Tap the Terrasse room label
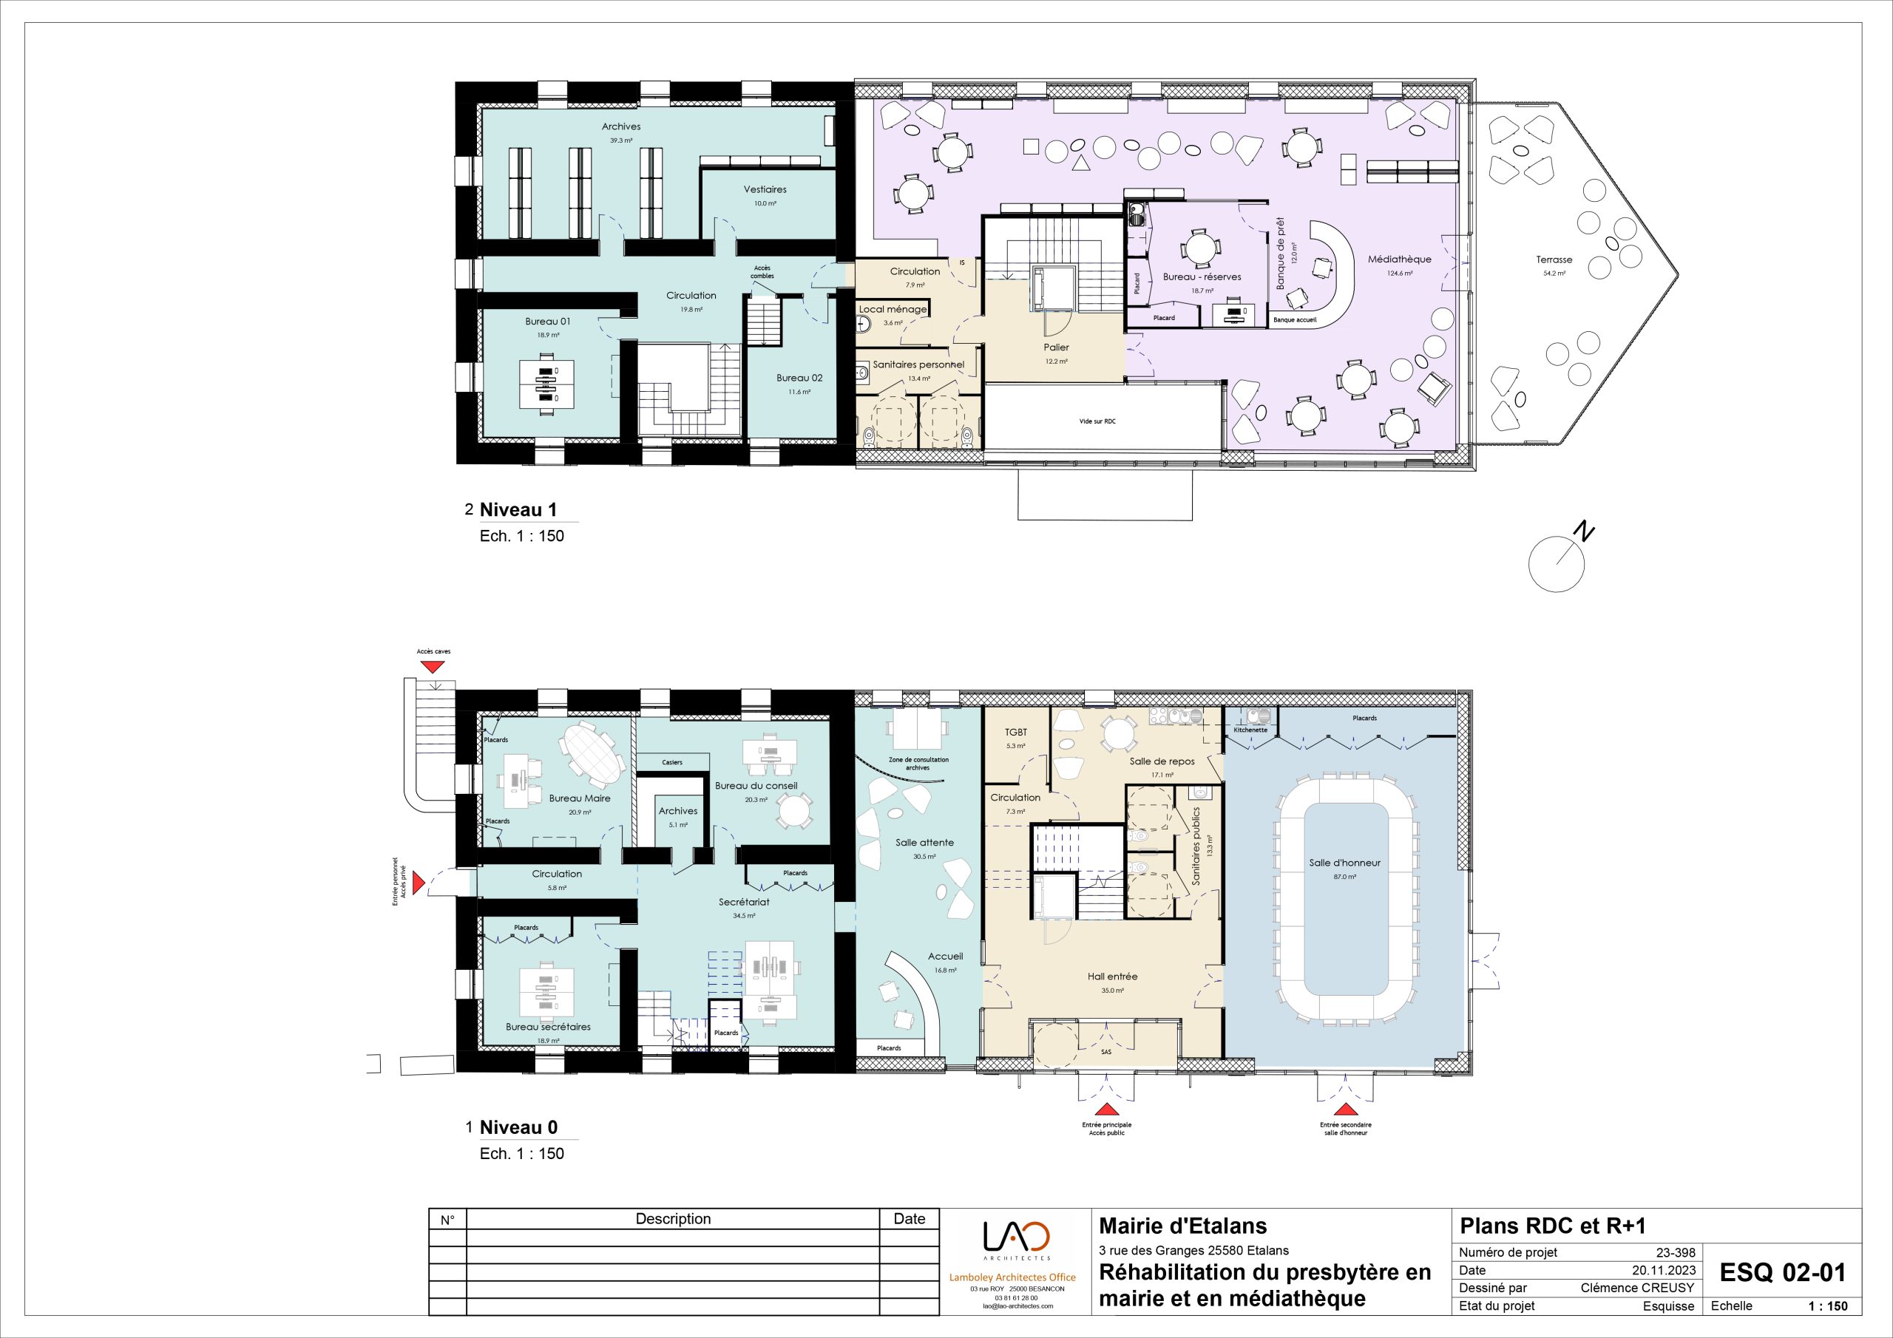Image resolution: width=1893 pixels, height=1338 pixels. point(1554,259)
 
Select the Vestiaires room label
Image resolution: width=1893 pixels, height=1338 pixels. point(765,189)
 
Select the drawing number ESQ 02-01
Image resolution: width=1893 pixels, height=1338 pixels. point(1781,1273)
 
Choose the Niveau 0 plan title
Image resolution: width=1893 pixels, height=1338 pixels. point(518,1127)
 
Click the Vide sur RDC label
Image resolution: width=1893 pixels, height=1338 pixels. point(1097,421)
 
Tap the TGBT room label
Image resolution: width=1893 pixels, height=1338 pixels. point(1015,732)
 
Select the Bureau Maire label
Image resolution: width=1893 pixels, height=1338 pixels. point(580,798)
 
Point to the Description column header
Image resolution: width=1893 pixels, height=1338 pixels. point(673,1218)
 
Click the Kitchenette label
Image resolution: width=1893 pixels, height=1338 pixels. point(1250,730)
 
